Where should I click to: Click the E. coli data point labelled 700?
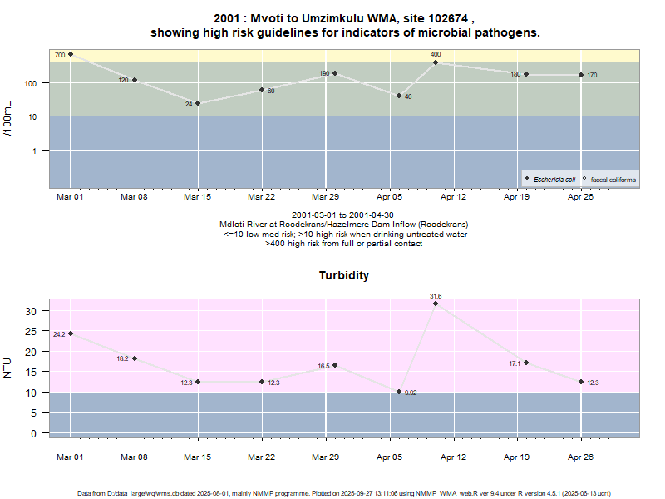tap(71, 54)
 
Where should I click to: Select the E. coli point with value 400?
tap(436, 62)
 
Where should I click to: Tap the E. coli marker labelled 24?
tap(198, 103)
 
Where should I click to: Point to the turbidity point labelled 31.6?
tap(436, 304)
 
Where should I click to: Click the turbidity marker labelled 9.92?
tap(399, 392)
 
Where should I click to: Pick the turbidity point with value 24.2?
tap(71, 333)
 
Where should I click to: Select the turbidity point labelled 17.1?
tap(526, 363)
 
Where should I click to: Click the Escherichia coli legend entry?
tap(553, 180)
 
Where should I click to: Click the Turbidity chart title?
tap(344, 275)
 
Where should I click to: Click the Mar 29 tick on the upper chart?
tap(326, 197)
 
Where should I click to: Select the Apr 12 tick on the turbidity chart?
tap(453, 457)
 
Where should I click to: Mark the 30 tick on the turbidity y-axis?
tap(35, 311)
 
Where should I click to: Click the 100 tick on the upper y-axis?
tap(33, 83)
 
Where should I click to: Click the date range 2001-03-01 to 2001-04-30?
tap(344, 215)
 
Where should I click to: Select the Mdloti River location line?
tap(344, 225)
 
